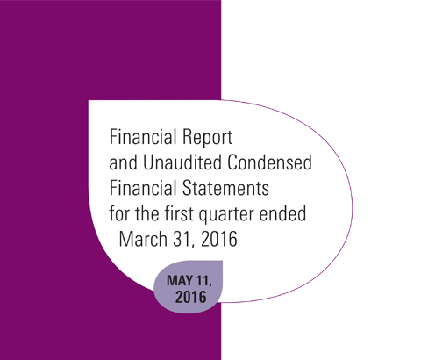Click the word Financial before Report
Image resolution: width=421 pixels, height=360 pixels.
pos(143,137)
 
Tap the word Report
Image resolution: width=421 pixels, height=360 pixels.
pos(208,138)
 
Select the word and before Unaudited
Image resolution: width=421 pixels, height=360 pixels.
pos(123,162)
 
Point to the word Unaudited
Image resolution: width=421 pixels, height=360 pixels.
pos(182,162)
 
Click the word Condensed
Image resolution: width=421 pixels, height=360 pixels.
pos(270,162)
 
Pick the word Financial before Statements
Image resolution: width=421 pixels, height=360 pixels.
pos(143,188)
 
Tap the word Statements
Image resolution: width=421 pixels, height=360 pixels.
pos(225,188)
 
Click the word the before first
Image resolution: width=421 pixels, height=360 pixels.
pos(146,213)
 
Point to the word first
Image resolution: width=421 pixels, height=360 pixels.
pos(179,213)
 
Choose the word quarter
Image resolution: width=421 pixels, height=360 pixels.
pos(226,214)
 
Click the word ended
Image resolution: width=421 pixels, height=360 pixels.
pos(282,213)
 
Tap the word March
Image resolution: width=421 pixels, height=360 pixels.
pos(143,239)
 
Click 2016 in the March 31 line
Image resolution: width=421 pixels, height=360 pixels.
pos(219,239)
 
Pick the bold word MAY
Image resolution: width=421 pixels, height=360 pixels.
pos(180,281)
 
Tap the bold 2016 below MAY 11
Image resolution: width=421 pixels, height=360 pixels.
pos(191,297)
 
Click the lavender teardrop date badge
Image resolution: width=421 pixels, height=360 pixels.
pos(189,287)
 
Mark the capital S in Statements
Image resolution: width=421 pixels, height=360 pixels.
pos(188,188)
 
